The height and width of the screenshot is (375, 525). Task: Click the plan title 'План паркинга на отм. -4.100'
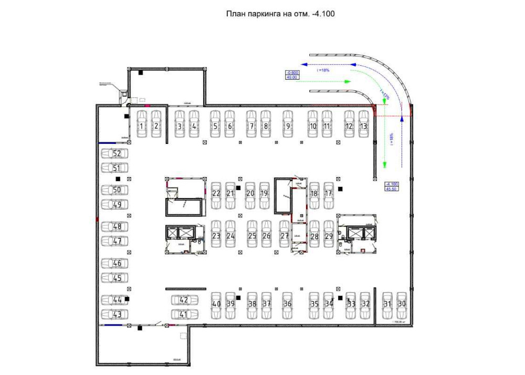tap(280, 14)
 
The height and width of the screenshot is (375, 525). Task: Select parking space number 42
tap(184, 300)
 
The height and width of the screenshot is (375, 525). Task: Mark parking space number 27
tap(285, 236)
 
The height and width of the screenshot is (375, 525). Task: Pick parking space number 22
tap(216, 193)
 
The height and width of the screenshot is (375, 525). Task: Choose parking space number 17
tap(329, 193)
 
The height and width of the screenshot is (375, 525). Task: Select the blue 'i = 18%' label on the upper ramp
tap(323, 70)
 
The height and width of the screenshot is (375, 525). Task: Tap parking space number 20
tap(250, 193)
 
